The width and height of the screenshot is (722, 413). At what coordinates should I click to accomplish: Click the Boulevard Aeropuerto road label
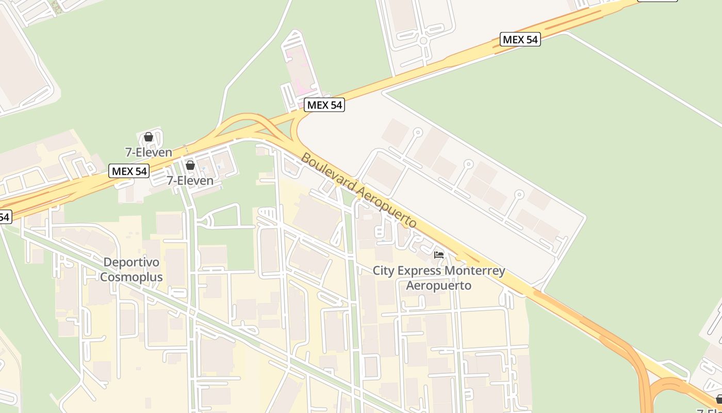pos(359,190)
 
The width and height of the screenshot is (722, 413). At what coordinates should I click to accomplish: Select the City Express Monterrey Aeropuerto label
pos(439,278)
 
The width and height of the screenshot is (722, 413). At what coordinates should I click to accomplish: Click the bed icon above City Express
pos(439,255)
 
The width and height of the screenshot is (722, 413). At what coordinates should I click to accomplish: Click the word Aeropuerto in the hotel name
pos(439,285)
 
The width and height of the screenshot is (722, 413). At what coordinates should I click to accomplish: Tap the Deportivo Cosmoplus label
pos(131,269)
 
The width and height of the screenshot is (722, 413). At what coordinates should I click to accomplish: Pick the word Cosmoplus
pos(131,277)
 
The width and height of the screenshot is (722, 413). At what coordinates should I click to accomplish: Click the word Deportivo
pos(131,262)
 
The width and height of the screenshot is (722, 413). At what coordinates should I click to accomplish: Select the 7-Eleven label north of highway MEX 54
pos(149,152)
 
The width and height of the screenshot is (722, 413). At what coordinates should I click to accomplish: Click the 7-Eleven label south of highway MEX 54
pos(190,180)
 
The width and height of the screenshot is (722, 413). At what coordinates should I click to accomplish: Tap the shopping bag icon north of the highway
pos(149,137)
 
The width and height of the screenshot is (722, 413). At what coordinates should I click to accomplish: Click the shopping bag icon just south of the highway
pos(190,165)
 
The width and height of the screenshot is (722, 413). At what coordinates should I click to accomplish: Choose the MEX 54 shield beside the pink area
pos(324,105)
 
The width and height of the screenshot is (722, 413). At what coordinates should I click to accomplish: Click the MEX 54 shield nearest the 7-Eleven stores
pos(129,171)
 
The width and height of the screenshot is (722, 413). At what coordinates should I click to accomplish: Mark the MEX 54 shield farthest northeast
pos(520,39)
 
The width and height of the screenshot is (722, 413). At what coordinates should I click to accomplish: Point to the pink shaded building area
pos(299,72)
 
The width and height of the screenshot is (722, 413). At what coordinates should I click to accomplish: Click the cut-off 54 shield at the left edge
pos(4,217)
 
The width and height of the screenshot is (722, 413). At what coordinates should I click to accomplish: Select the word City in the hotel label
pos(383,271)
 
